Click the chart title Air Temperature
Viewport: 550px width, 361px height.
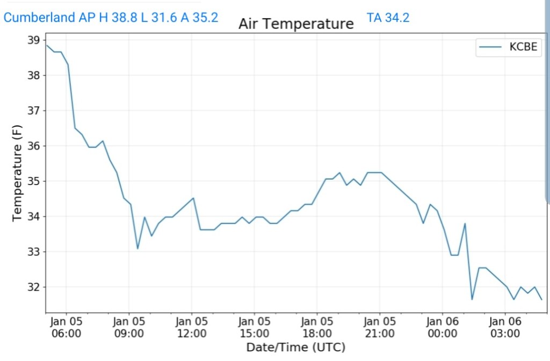296,24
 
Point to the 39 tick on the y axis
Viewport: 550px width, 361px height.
33,40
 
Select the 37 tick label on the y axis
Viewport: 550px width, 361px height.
33,110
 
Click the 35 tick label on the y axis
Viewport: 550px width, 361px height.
33,181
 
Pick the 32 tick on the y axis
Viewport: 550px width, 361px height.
33,287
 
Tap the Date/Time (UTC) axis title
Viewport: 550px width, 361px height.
295,347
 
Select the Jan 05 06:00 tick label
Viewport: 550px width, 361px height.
66,327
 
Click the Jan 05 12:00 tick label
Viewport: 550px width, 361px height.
192,327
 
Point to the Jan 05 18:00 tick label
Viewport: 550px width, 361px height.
317,327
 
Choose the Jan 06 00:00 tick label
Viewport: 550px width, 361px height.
442,327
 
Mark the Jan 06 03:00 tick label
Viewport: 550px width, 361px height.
505,327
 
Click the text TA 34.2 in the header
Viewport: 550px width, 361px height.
388,18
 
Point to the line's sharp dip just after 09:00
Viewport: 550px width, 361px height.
137,248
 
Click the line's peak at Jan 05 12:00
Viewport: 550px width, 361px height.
193,198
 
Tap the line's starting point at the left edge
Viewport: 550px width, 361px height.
47,45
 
